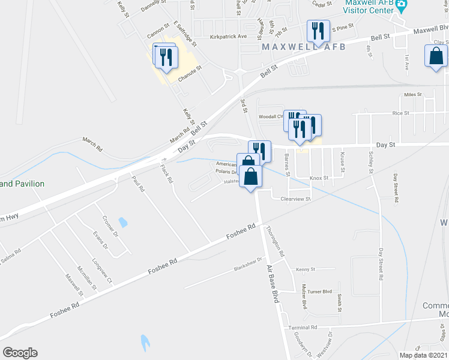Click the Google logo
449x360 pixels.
(20, 353)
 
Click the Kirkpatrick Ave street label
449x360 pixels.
(229, 36)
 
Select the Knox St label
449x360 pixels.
(319, 178)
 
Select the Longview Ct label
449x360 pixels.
(101, 271)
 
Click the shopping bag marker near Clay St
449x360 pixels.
(436, 56)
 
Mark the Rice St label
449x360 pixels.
(400, 113)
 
